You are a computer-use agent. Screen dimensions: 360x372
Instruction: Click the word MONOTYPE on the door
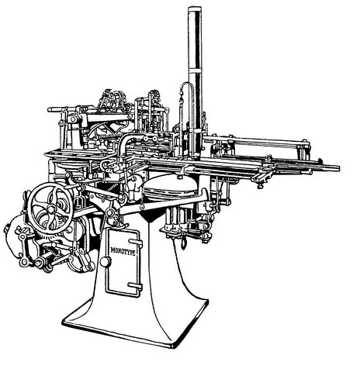[123, 251]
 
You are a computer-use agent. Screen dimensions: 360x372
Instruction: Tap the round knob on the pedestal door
[106, 262]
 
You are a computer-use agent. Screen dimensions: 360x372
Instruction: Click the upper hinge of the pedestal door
[136, 242]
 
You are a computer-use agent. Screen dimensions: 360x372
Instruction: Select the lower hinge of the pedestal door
[135, 286]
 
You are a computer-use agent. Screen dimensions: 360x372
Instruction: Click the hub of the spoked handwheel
[50, 208]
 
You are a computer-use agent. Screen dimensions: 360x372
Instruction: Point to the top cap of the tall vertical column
[195, 9]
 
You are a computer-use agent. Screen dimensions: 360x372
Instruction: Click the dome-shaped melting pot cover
[170, 186]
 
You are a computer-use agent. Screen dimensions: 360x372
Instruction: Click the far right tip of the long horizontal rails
[337, 168]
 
